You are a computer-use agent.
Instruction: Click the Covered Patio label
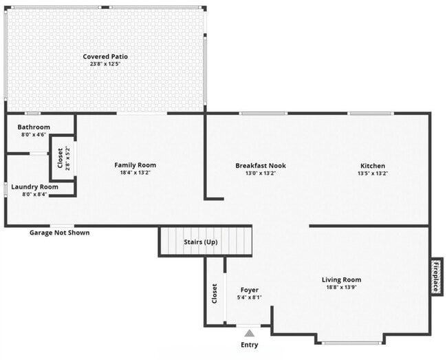pyautogui.click(x=105, y=56)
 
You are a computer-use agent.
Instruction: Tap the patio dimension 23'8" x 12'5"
pyautogui.click(x=105, y=64)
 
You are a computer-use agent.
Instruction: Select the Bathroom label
pyautogui.click(x=34, y=127)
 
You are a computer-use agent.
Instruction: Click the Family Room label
pyautogui.click(x=135, y=165)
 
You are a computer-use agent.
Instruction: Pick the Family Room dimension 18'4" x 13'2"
pyautogui.click(x=135, y=173)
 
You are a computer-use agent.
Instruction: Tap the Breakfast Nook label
pyautogui.click(x=261, y=165)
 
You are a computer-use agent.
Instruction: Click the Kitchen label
pyautogui.click(x=373, y=165)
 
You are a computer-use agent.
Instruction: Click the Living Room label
pyautogui.click(x=342, y=279)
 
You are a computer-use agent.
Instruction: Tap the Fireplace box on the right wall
pyautogui.click(x=435, y=276)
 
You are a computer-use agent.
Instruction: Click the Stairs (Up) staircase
pyautogui.click(x=206, y=242)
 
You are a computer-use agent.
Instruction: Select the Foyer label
pyautogui.click(x=249, y=290)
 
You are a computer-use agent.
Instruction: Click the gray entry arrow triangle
pyautogui.click(x=249, y=333)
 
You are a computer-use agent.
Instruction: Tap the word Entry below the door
pyautogui.click(x=249, y=345)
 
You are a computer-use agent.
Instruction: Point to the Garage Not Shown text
pyautogui.click(x=59, y=233)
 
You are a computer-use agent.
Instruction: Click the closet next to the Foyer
pyautogui.click(x=215, y=293)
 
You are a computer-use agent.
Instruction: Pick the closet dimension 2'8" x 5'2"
pyautogui.click(x=67, y=159)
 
